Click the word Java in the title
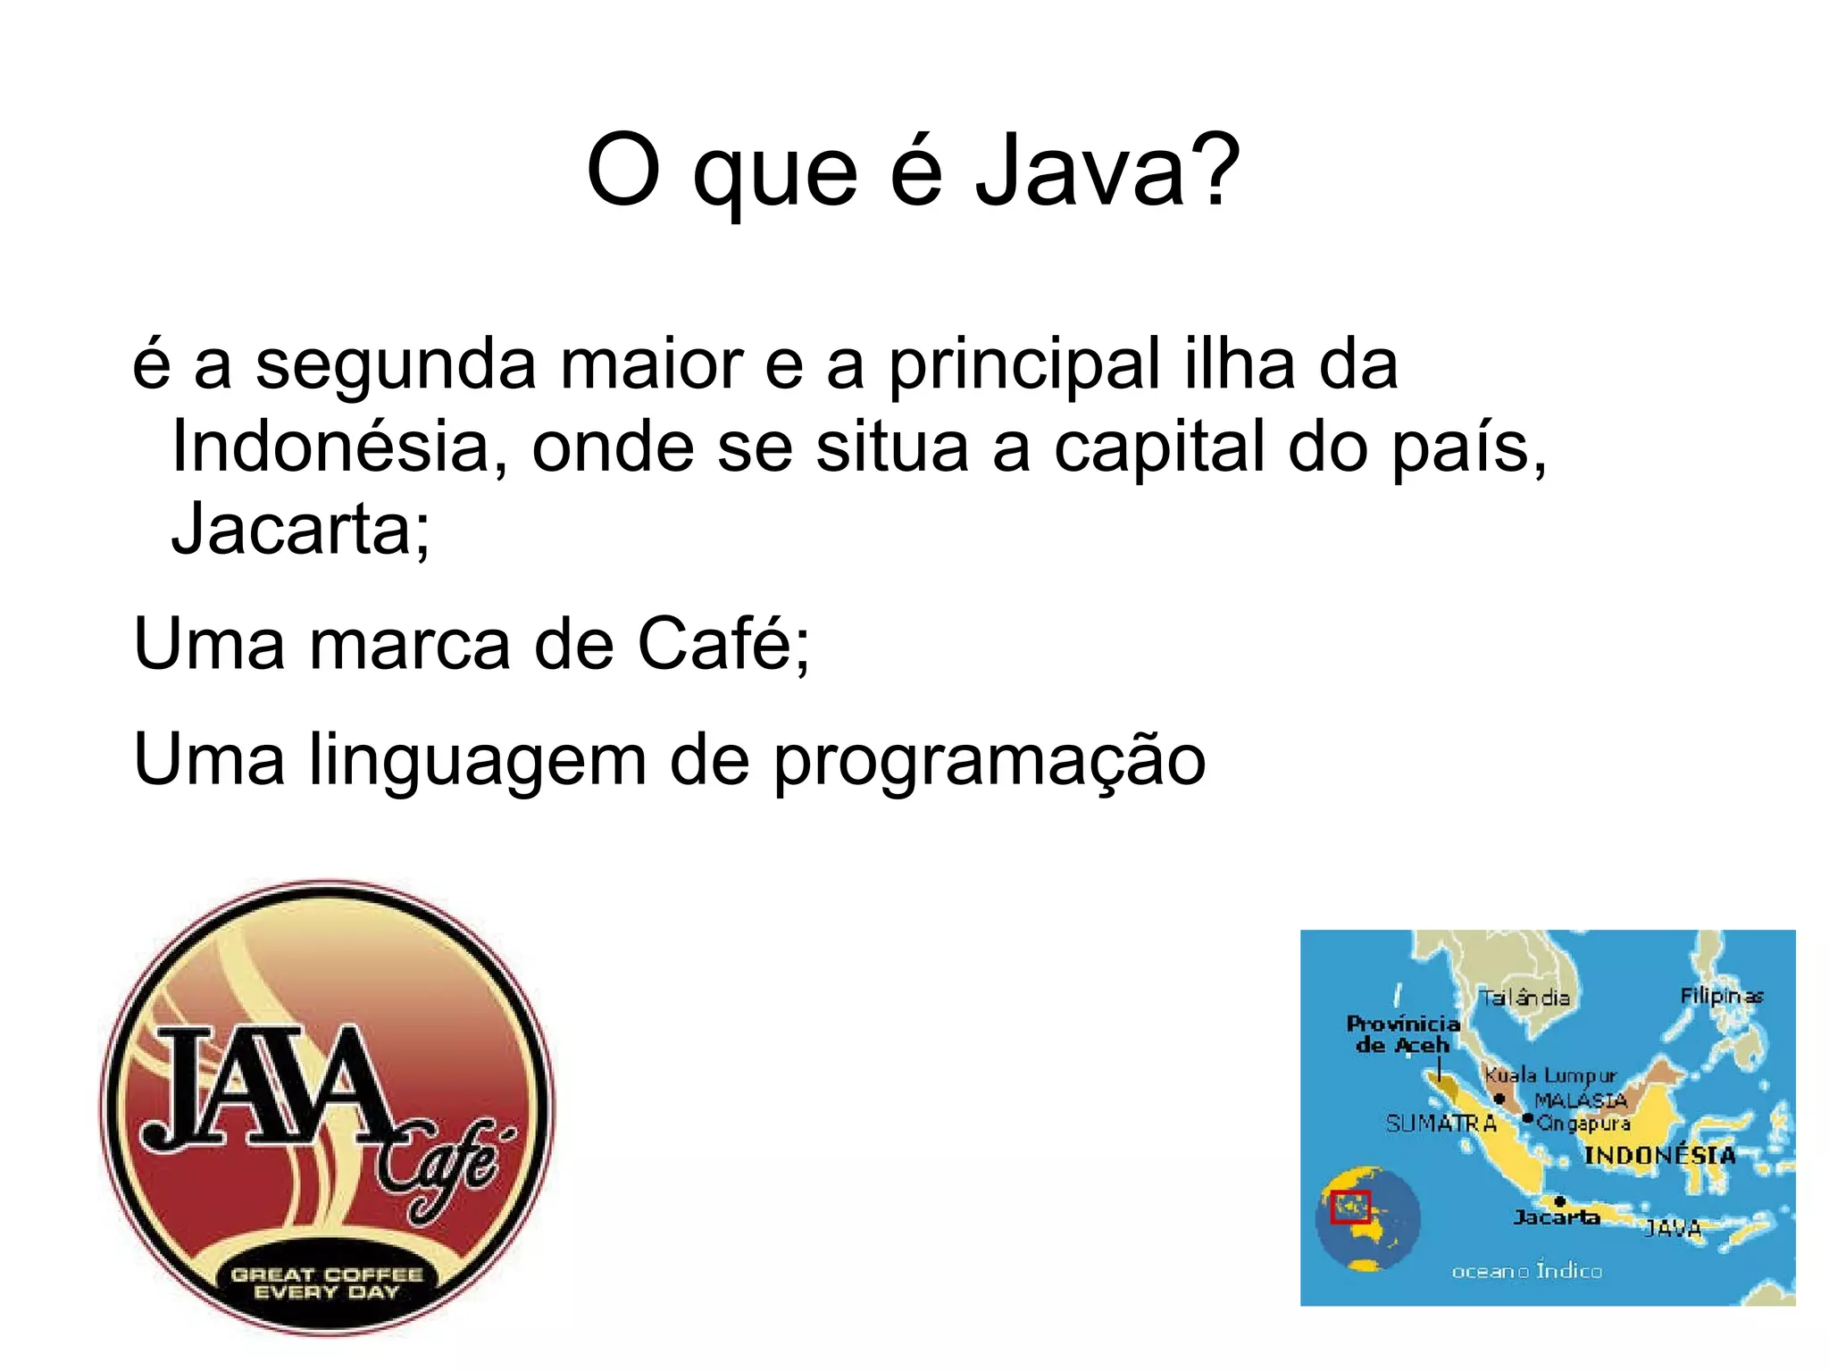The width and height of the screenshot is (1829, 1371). click(1080, 170)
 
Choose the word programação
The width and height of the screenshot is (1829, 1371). click(989, 761)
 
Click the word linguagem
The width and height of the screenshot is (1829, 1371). click(478, 761)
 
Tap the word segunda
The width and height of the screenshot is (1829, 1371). click(396, 366)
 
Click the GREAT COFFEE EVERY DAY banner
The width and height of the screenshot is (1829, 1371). click(326, 1283)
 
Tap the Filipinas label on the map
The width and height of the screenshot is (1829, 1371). click(1721, 995)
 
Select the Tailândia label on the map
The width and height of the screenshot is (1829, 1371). click(1524, 998)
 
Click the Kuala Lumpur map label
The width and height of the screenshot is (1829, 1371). click(1549, 1075)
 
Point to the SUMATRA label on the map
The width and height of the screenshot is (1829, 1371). click(1441, 1124)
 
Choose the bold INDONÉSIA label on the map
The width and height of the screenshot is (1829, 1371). click(1659, 1155)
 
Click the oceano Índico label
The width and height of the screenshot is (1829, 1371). click(1526, 1270)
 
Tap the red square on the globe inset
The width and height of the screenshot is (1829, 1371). click(1349, 1207)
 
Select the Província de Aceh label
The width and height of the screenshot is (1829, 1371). click(1402, 1034)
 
